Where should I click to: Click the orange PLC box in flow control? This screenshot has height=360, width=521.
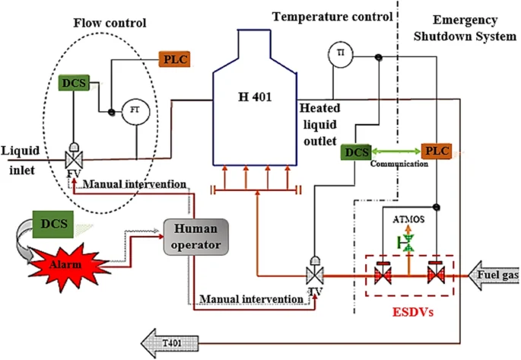[x=173, y=59]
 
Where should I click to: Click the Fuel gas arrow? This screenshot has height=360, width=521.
[x=496, y=272]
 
